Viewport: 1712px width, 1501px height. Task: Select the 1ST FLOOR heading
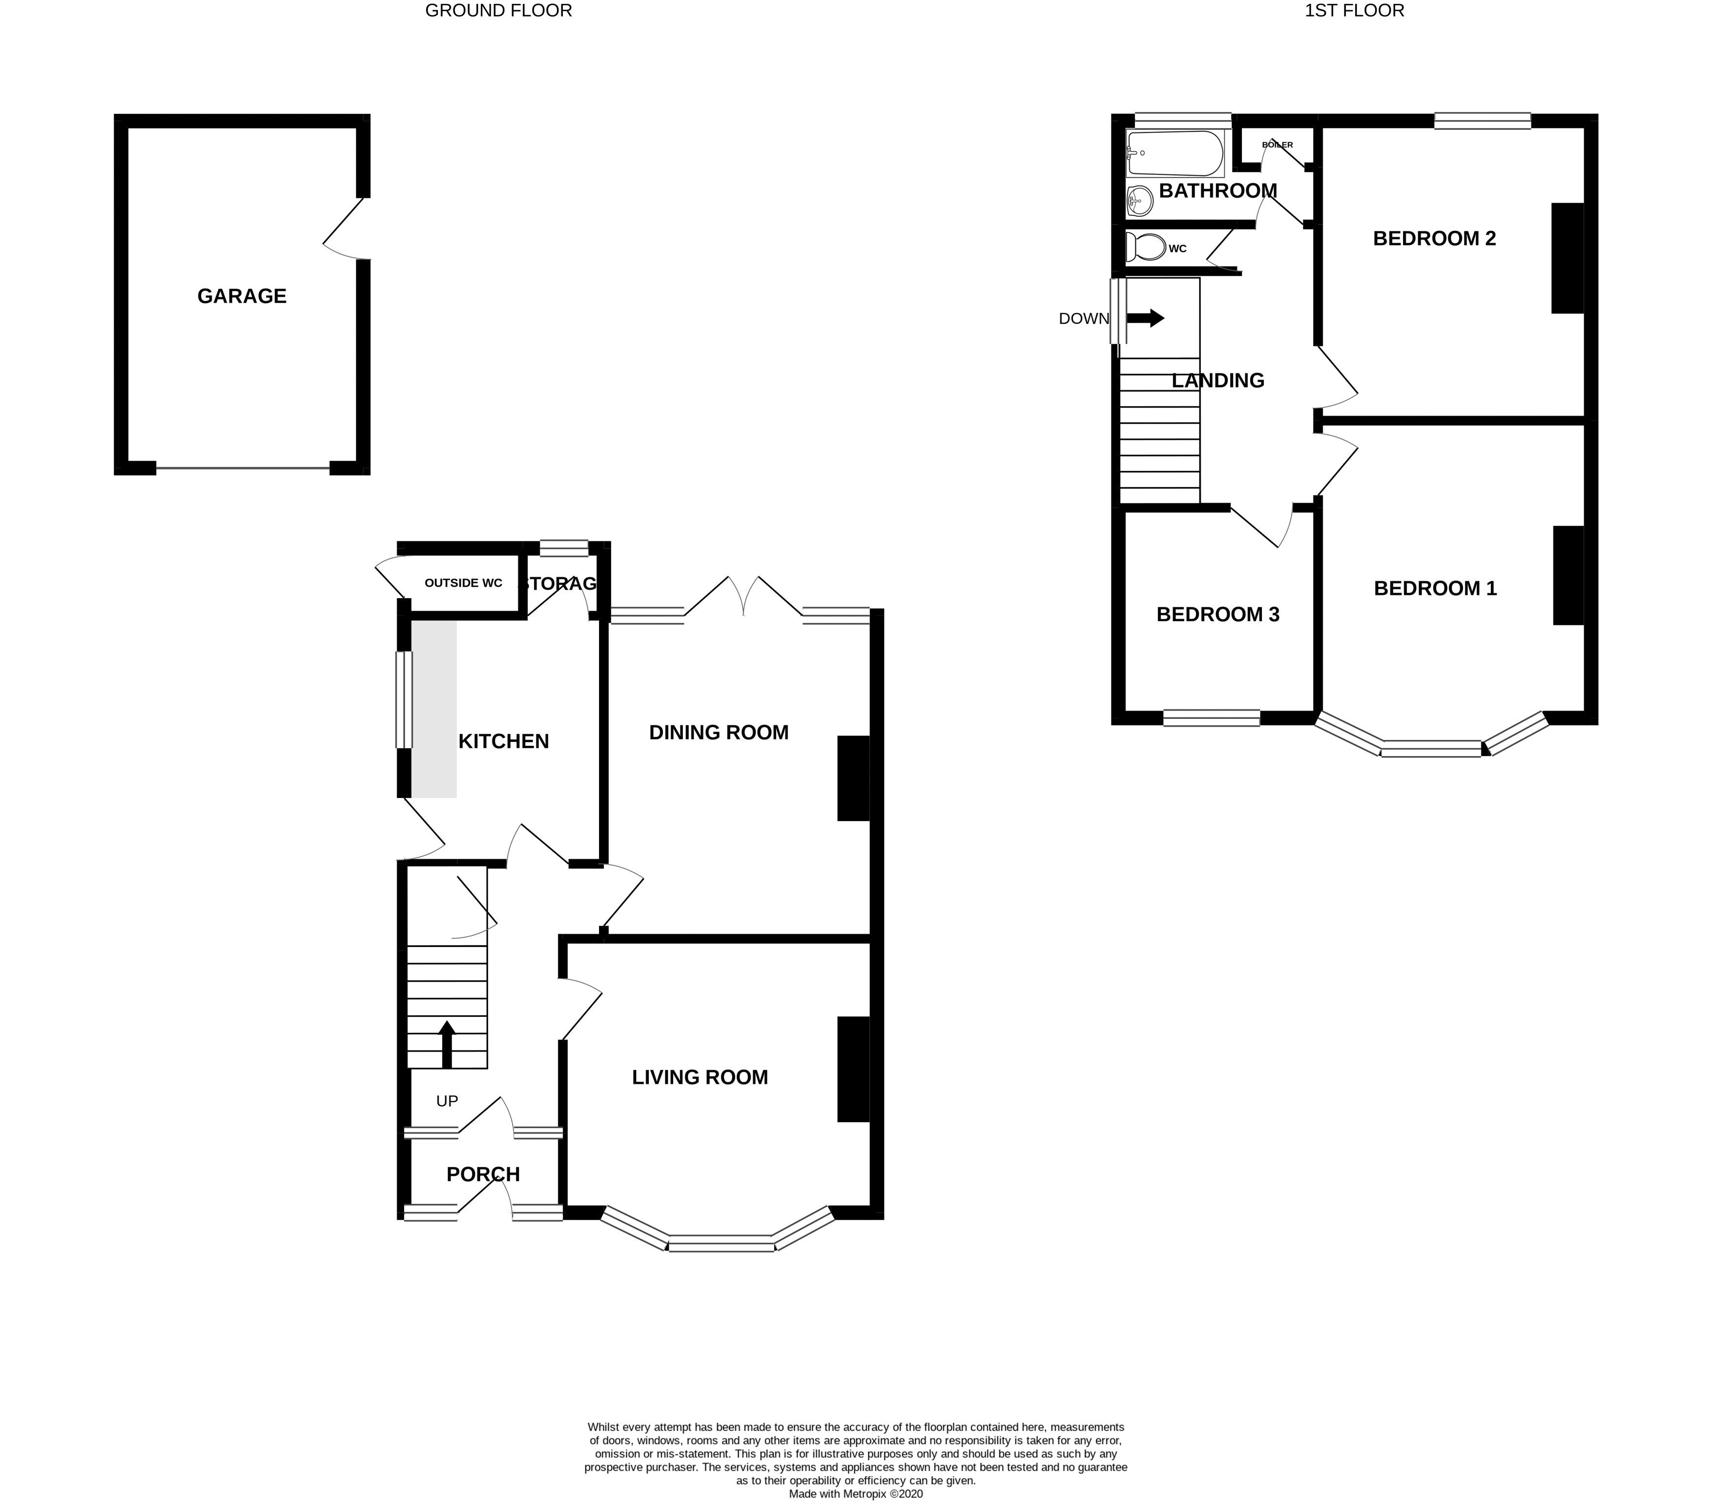pyautogui.click(x=1354, y=11)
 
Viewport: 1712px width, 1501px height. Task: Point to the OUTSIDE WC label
pyautogui.click(x=463, y=583)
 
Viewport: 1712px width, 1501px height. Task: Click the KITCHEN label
pyautogui.click(x=503, y=741)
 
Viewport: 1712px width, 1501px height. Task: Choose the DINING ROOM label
pyautogui.click(x=719, y=733)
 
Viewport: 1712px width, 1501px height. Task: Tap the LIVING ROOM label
pyautogui.click(x=700, y=1077)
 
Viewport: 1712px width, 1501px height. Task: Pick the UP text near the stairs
pyautogui.click(x=447, y=1101)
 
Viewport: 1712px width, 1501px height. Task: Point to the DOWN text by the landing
pyautogui.click(x=1083, y=319)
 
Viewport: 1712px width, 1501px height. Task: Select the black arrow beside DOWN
pyautogui.click(x=1146, y=318)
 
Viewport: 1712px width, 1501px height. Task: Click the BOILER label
pyautogui.click(x=1278, y=145)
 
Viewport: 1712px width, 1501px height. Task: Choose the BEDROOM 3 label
pyautogui.click(x=1218, y=615)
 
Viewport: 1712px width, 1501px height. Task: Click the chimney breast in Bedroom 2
pyautogui.click(x=1568, y=258)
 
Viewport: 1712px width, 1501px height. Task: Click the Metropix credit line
pyautogui.click(x=855, y=1494)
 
